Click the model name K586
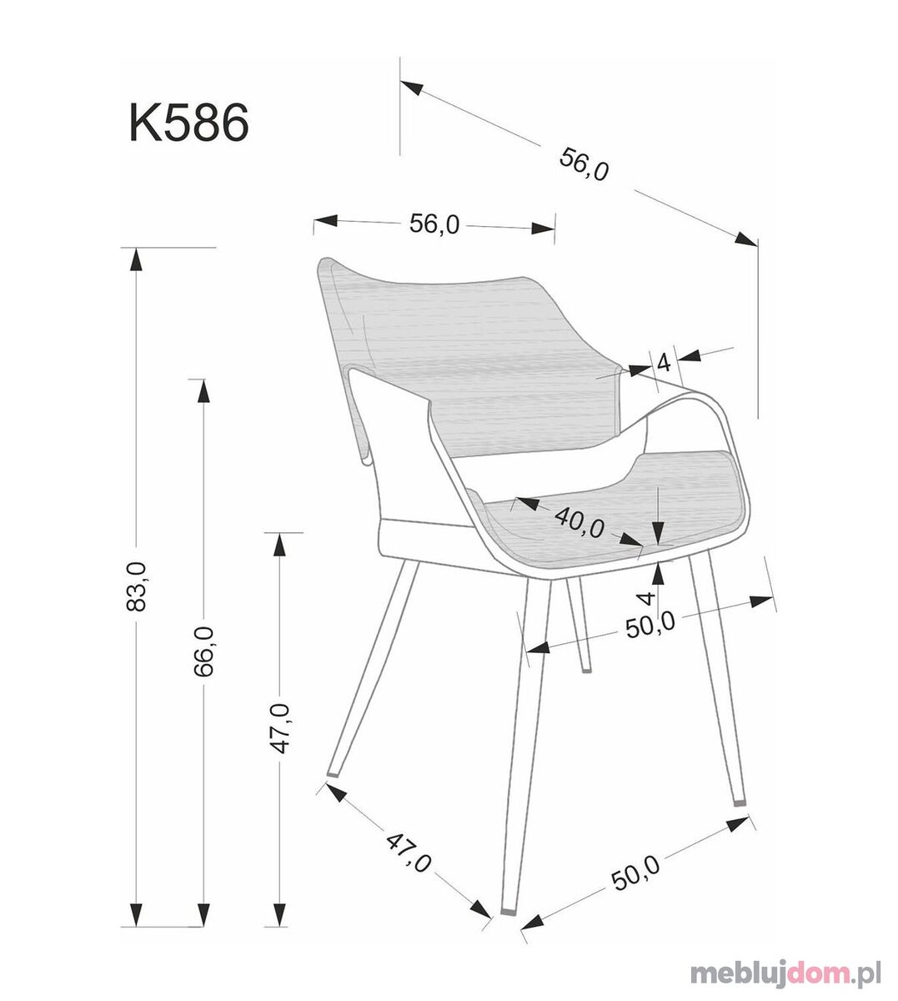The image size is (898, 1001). point(188,123)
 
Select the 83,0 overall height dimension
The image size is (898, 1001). point(137,586)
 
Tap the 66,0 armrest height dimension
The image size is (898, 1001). point(203,651)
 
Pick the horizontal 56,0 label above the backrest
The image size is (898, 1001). point(434,224)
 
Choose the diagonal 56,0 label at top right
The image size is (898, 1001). point(584,164)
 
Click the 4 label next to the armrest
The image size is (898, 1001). point(664,363)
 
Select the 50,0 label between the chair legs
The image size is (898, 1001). point(650,626)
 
